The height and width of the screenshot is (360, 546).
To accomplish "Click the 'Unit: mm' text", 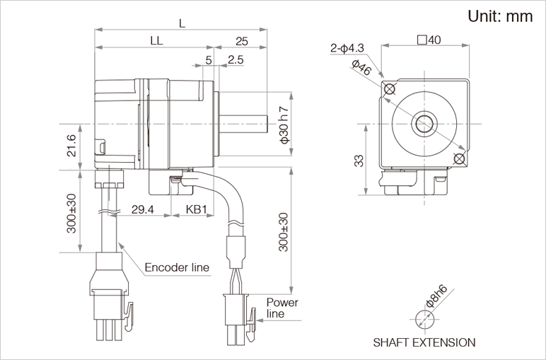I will (x=499, y=17).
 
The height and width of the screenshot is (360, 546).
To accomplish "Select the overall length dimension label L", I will (x=182, y=23).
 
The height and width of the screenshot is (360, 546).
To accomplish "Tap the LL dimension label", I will (x=157, y=41).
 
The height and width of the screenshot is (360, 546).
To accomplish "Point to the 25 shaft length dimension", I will (x=242, y=41).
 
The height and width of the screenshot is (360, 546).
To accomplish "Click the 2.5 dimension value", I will (x=236, y=60).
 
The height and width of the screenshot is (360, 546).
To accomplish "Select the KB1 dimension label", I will (x=196, y=210).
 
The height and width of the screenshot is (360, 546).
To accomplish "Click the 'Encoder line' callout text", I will (x=177, y=267).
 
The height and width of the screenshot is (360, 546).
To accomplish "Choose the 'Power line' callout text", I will (x=282, y=308).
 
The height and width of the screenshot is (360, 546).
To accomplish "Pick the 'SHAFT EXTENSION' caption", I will (x=424, y=342).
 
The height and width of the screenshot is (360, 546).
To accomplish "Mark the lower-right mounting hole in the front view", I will (x=459, y=158).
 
